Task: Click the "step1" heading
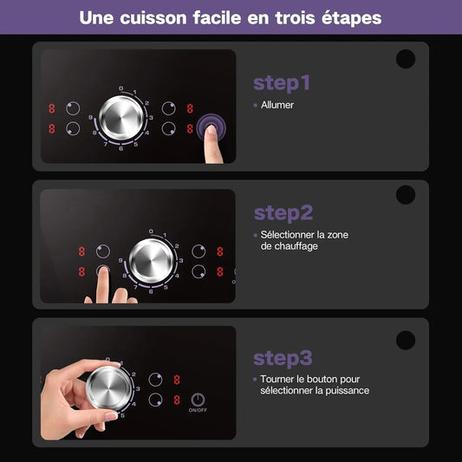coord(282,83)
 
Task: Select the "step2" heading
coord(283,213)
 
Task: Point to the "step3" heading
coord(283,358)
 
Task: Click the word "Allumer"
coord(277,105)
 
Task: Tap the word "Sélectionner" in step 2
coord(290,235)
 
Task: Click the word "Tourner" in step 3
coord(279,380)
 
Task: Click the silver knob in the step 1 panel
coord(122,119)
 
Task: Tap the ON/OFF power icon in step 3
coord(198,400)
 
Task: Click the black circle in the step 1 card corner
coord(406,59)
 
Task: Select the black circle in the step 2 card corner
coord(406,195)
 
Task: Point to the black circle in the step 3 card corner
coord(406,340)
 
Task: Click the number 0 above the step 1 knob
coord(122,88)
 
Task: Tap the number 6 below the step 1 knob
coord(121,150)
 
